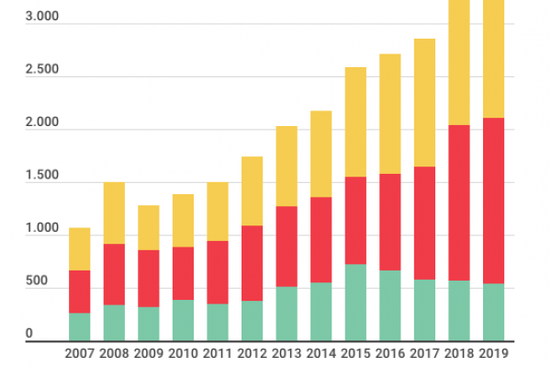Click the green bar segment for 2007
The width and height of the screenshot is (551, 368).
pyautogui.click(x=80, y=327)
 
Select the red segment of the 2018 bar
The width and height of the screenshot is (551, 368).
pyautogui.click(x=459, y=202)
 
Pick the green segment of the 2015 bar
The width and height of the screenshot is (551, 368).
pyautogui.click(x=355, y=303)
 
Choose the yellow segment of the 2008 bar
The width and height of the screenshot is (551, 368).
pyautogui.click(x=114, y=213)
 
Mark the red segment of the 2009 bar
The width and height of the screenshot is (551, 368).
pyautogui.click(x=149, y=278)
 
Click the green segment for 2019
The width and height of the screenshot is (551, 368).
pyautogui.click(x=494, y=312)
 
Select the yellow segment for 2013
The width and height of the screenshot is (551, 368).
pyautogui.click(x=287, y=166)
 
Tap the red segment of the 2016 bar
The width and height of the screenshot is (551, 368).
pyautogui.click(x=390, y=222)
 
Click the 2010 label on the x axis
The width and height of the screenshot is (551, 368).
pyautogui.click(x=184, y=352)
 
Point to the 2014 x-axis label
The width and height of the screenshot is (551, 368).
pyautogui.click(x=321, y=352)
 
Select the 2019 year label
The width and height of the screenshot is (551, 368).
pyautogui.click(x=494, y=352)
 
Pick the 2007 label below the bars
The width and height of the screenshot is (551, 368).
pyautogui.click(x=80, y=352)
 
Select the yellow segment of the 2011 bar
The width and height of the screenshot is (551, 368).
pyautogui.click(x=218, y=212)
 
